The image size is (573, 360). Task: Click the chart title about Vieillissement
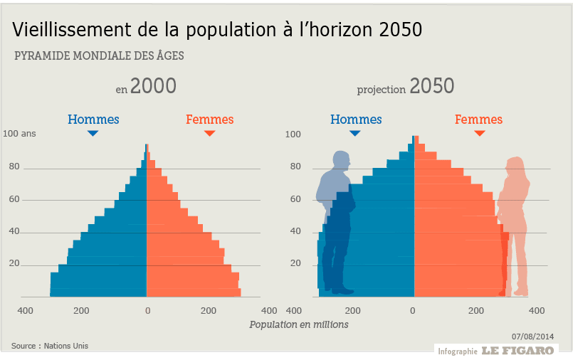(217, 30)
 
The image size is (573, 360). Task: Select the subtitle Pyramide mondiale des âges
(99, 56)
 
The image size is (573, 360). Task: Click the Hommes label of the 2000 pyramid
(93, 120)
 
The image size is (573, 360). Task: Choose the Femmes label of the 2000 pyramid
(209, 120)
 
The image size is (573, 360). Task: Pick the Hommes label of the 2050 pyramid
(355, 120)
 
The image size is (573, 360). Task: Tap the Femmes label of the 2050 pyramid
(478, 120)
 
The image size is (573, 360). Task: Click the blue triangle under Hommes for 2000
(93, 133)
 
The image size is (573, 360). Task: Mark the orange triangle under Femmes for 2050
(479, 133)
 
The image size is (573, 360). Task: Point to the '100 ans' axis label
(19, 133)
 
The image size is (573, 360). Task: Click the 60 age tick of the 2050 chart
(295, 199)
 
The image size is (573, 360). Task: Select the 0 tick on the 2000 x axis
(147, 311)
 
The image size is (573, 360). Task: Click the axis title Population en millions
(299, 324)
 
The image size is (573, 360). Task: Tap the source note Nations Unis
(50, 346)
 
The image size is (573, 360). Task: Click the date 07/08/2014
(532, 336)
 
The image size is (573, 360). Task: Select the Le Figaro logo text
(517, 350)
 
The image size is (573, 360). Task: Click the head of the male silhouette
(341, 160)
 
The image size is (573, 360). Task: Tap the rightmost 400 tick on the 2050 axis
(537, 311)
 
